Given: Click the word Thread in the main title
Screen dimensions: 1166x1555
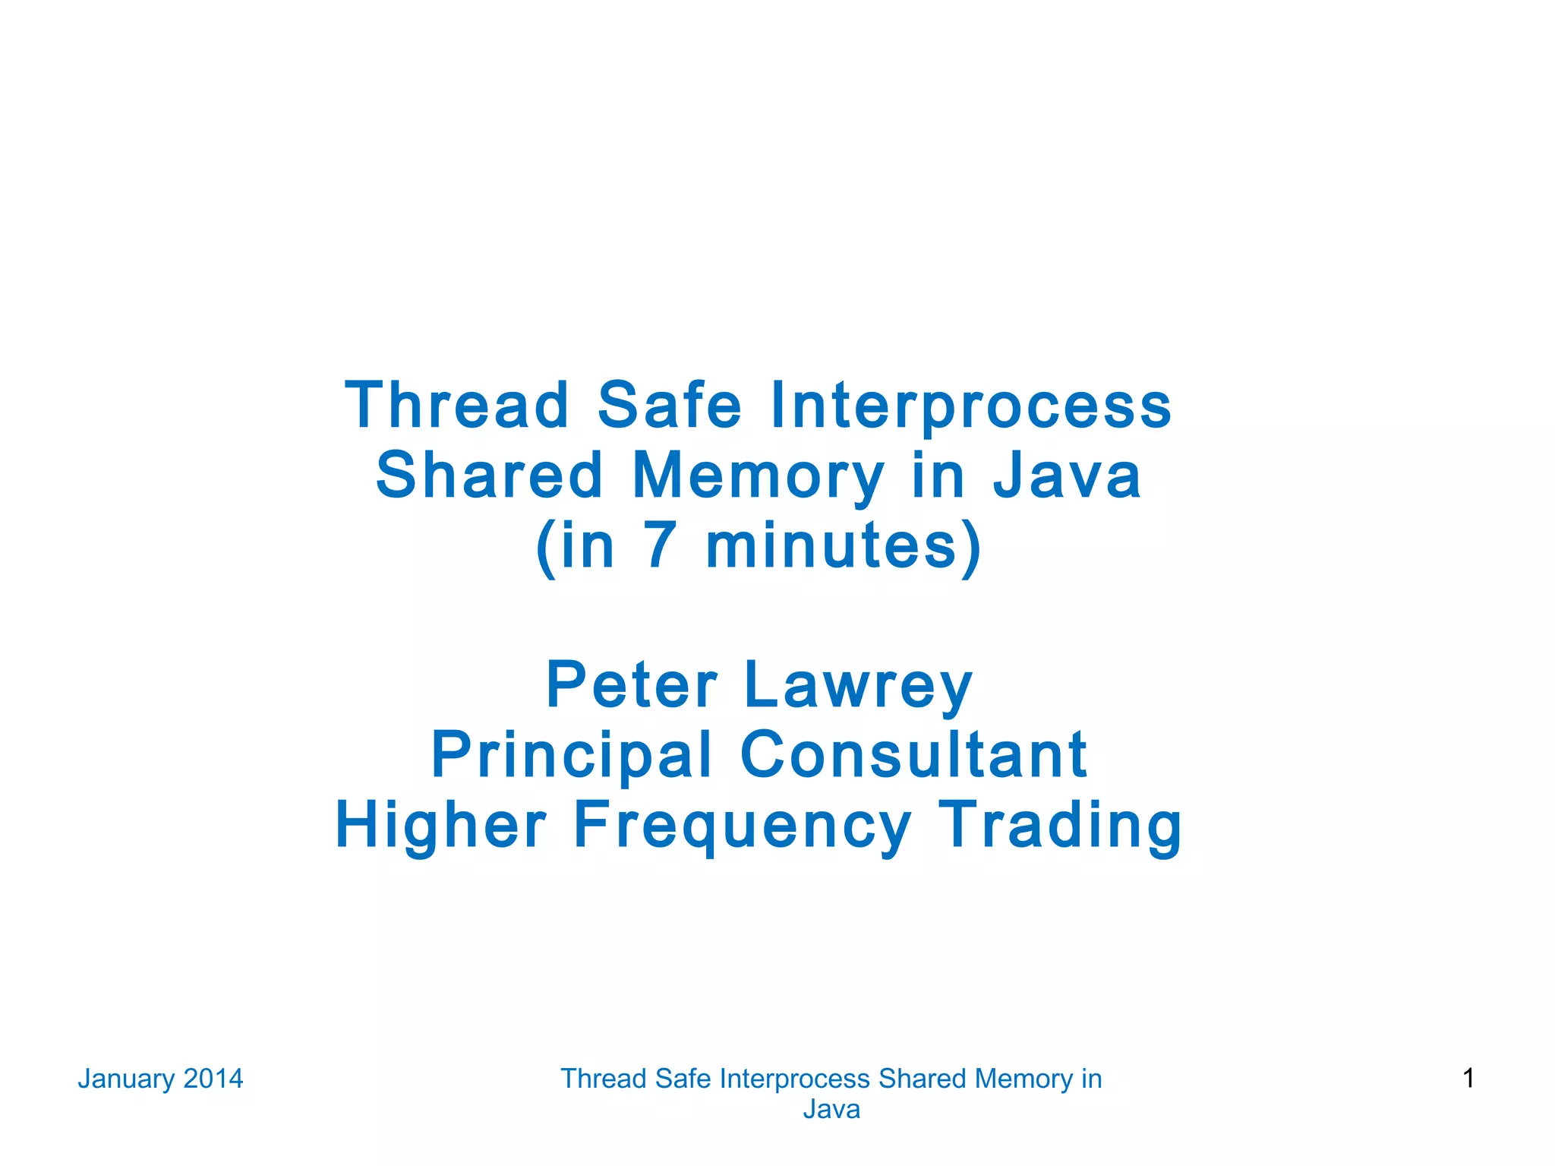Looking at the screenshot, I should [456, 405].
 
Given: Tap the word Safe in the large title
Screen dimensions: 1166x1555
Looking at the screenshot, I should [669, 405].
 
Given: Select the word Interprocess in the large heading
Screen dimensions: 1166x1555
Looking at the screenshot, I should [971, 406].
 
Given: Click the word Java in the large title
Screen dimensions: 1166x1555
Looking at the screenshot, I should [1067, 476].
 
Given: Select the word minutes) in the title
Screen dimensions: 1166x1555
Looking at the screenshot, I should [844, 545].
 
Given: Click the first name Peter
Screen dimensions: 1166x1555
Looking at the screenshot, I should [632, 685].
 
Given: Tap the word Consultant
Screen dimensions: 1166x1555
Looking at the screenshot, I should [913, 754].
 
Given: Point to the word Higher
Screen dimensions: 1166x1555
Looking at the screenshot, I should [441, 825].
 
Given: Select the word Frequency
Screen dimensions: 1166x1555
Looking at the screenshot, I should [742, 826].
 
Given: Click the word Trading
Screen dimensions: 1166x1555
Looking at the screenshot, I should [1061, 826].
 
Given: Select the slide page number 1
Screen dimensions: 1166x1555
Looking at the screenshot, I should [1468, 1078].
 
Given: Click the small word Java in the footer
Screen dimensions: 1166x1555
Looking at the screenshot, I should [831, 1110].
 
